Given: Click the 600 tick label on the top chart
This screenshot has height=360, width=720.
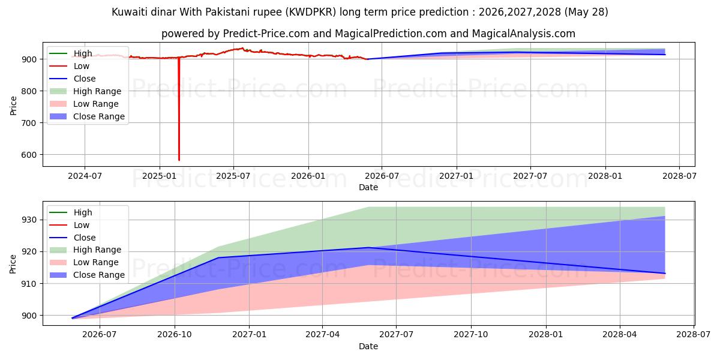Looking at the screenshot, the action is pos(29,155).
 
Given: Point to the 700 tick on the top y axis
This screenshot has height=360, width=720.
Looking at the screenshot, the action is pos(29,123).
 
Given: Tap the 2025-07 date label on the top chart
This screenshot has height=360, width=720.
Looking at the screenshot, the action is pos(233,176).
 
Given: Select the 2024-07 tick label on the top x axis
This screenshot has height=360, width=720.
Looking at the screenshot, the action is pos(85,176).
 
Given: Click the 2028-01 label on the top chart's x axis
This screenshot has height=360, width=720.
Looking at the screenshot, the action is pos(605,176).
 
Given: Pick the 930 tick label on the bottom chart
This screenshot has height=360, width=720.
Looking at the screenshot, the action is pos(29,220).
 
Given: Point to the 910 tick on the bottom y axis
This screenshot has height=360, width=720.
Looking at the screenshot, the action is pos(29,284).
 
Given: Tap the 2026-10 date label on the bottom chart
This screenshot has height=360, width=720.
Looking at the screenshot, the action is pos(174,335).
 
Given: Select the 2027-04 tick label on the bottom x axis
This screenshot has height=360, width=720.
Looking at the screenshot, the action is pos(322,335).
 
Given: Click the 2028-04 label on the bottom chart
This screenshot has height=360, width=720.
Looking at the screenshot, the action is pos(619,335).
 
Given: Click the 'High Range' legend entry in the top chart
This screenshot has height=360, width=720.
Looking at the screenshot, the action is pos(86,91).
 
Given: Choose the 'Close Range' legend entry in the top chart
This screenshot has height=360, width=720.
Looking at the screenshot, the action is pos(88,116).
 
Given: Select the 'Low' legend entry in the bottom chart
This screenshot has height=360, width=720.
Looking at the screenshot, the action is pos(70,225).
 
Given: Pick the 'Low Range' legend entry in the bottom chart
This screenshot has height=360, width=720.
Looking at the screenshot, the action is pos(84,262).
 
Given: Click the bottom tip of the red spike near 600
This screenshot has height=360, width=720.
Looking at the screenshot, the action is pos(179,160).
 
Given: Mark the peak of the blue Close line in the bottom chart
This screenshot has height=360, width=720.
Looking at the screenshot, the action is pos(368,247).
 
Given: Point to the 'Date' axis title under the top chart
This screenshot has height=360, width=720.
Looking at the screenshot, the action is pos(368,187).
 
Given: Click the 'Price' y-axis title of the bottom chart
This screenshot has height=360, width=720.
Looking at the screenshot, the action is pos(13,264).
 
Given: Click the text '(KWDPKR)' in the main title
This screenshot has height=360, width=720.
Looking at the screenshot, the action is pos(311,12).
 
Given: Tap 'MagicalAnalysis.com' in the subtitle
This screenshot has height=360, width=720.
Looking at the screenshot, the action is pos(524,34).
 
